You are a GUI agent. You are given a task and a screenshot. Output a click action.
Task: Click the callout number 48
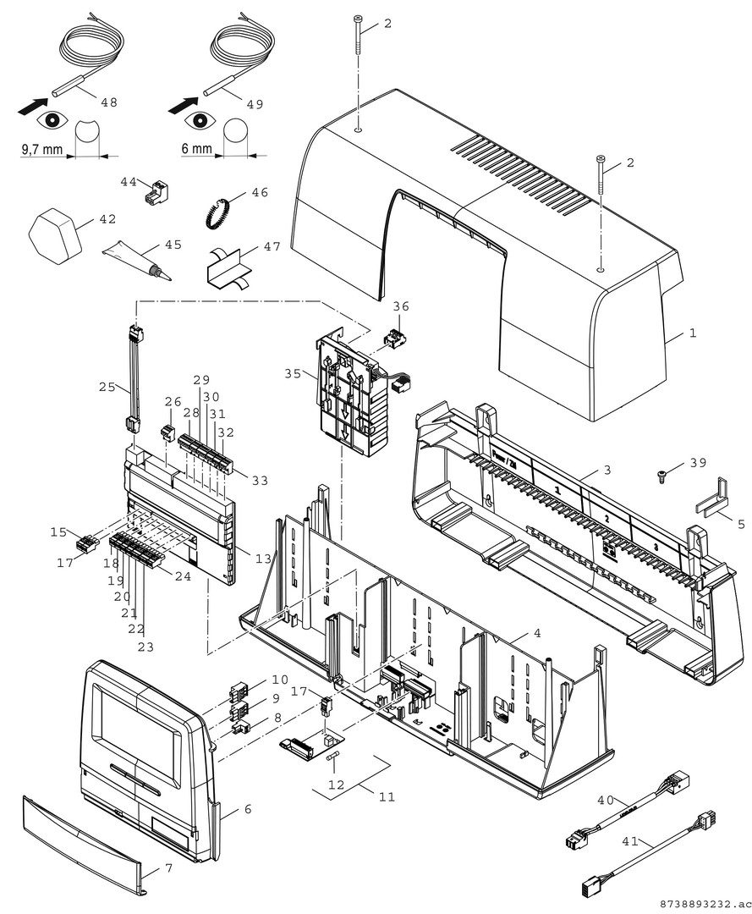(108, 102)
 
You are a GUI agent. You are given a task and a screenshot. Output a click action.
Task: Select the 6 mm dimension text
(195, 149)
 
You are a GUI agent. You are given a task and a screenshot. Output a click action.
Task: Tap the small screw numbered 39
(661, 477)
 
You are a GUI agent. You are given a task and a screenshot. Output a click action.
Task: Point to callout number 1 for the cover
(692, 333)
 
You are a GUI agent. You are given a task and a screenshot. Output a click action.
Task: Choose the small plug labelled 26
(167, 432)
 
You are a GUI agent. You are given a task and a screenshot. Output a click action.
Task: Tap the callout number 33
(259, 480)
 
